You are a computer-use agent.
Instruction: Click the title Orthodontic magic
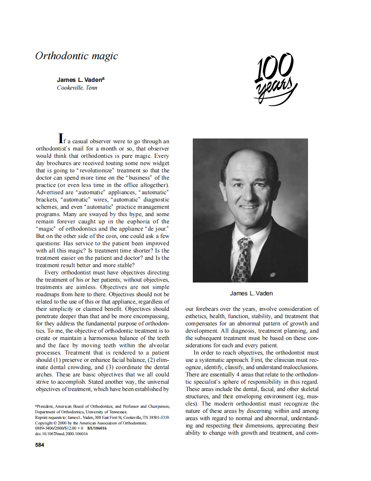pyautogui.click(x=76, y=56)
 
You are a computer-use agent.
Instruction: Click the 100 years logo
pyautogui.click(x=275, y=78)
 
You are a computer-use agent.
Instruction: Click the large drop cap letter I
pyautogui.click(x=61, y=138)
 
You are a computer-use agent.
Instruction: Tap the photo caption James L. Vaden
pyautogui.click(x=251, y=293)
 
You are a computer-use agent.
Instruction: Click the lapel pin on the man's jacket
pyautogui.click(x=272, y=273)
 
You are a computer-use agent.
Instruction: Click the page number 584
pyautogui.click(x=39, y=445)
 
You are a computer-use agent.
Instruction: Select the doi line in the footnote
pyautogui.click(x=61, y=434)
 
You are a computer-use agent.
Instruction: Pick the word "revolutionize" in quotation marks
pyautogui.click(x=95, y=170)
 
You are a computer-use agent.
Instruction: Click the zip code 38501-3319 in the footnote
pyautogui.click(x=159, y=417)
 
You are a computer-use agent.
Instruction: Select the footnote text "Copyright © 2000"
pyautogui.click(x=51, y=423)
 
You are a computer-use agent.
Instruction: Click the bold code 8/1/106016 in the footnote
pyautogui.click(x=97, y=428)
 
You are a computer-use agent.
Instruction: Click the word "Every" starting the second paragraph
pyautogui.click(x=52, y=272)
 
